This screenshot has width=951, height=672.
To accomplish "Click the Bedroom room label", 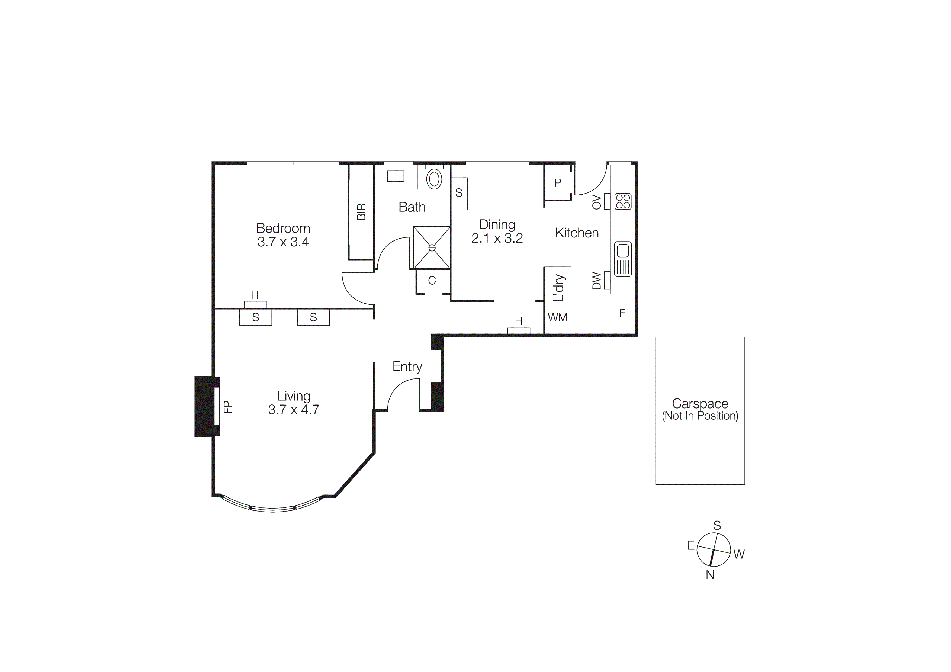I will coord(283,228).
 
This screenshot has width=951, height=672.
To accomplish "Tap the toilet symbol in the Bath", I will coord(434,179).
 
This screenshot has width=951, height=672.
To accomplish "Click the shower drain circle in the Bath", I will coord(432,247).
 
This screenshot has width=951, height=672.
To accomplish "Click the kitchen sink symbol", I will coord(622,259).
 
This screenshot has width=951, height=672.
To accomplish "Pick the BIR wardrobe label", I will coord(361,212).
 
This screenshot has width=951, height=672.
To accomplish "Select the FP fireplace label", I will coord(228,407).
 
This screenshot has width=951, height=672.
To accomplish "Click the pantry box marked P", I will coord(558,183).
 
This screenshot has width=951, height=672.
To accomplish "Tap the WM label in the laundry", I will coord(558,318).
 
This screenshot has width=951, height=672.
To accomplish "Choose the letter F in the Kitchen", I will coord(622,313).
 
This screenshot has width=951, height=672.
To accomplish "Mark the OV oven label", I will coord(596,202).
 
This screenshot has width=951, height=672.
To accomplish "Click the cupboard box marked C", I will coord(432,281).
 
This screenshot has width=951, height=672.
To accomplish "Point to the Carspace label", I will coord(700,403).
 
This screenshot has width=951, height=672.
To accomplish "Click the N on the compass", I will coord(710,575).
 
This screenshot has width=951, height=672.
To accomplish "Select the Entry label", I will coord(407,367).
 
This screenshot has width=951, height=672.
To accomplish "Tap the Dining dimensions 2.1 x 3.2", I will coord(497,238).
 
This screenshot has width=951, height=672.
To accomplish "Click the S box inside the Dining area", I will coord(459,193).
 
